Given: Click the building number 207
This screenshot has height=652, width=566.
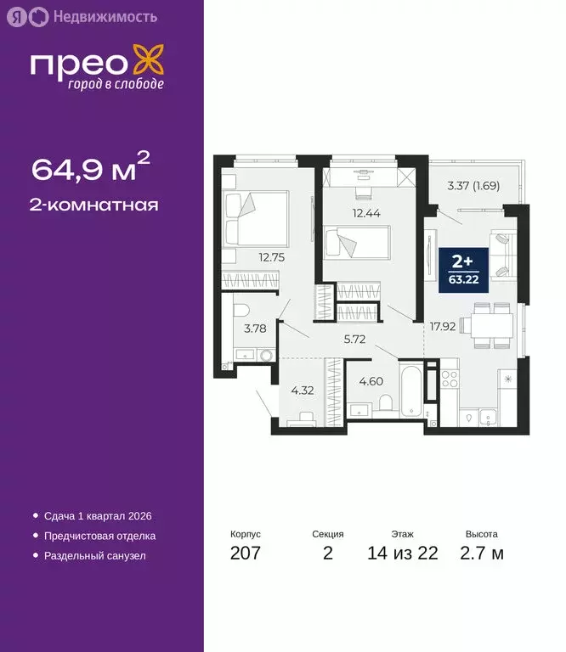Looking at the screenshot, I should click(x=245, y=554).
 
